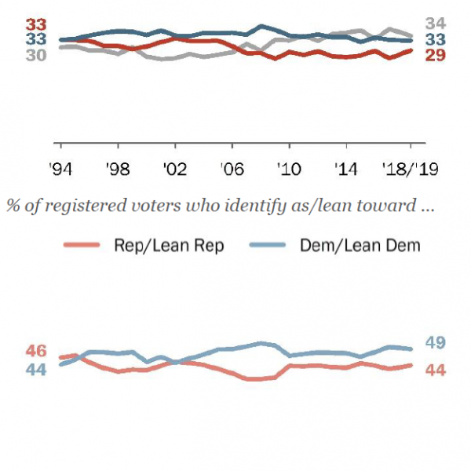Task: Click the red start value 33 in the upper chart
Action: pos(35,24)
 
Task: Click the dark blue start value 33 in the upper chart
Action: pos(35,38)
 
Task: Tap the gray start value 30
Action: pos(35,54)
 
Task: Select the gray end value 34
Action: pos(436,24)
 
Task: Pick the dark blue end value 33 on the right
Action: pos(436,39)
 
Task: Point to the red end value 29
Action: pos(436,54)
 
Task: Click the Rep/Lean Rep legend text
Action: pos(169,246)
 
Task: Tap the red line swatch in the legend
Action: pos(82,246)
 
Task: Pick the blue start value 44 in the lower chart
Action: pos(36,369)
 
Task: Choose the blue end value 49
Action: pos(436,342)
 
